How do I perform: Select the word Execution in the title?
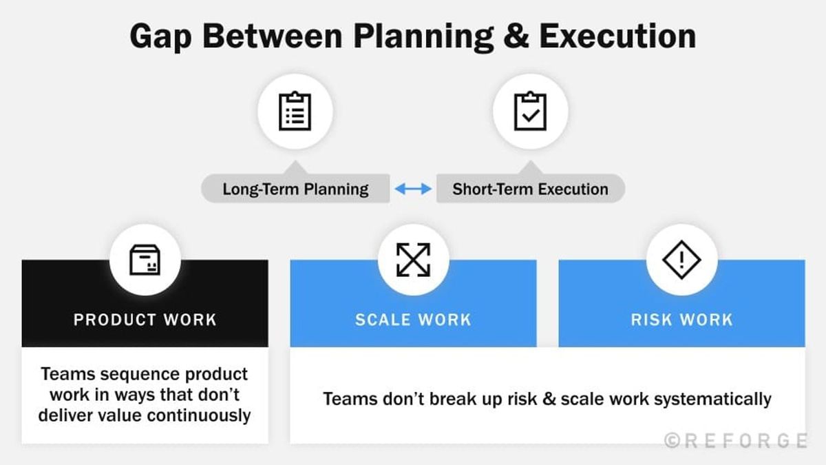coord(617,36)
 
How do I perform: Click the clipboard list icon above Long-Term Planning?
coord(295,112)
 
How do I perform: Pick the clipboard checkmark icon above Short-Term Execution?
coord(531,112)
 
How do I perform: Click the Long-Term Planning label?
coord(295,189)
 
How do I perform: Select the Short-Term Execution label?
coord(530,189)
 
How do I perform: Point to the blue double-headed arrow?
coord(413,189)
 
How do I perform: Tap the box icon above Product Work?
coord(145,260)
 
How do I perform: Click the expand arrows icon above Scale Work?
coord(413,260)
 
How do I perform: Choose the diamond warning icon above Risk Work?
coord(681,260)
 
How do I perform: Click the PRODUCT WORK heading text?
coord(145,320)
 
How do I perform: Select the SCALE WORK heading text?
coord(413,320)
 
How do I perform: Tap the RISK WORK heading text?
coord(681,320)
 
